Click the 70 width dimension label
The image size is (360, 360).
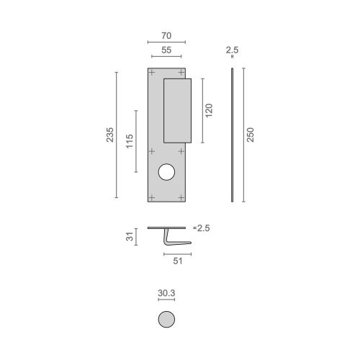[166, 33]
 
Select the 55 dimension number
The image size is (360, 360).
[166, 51]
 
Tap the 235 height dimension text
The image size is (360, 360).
[110, 135]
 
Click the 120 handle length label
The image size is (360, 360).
[210, 111]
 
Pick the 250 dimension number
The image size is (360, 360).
[251, 135]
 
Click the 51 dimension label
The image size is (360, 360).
[177, 262]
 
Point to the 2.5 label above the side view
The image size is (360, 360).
[231, 51]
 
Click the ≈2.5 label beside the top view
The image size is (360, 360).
[202, 228]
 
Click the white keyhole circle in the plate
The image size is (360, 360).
[166, 173]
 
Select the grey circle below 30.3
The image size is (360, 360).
[166, 320]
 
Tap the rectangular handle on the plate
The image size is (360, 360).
[177, 110]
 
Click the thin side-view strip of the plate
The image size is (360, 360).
[232, 135]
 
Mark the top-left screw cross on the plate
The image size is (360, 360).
[151, 73]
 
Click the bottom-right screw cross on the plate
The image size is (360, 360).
[181, 196]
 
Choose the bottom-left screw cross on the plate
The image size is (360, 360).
[151, 196]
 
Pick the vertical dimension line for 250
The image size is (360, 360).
[242, 135]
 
